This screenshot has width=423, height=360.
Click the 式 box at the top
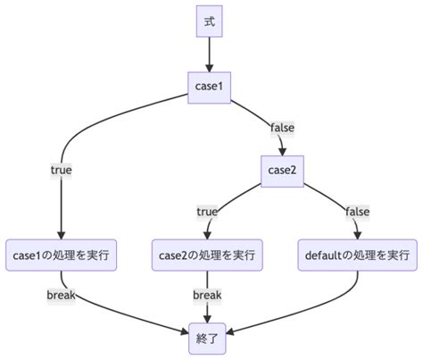click(x=210, y=22)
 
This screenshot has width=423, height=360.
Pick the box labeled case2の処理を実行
click(x=208, y=255)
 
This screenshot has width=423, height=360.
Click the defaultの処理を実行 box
click(x=358, y=255)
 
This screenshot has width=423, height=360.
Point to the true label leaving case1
click(x=61, y=169)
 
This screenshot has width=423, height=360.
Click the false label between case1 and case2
click(x=281, y=128)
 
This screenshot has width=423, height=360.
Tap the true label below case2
click(x=207, y=212)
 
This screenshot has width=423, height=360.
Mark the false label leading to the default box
click(x=356, y=212)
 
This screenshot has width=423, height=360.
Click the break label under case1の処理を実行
click(x=61, y=295)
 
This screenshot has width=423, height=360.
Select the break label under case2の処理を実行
click(x=207, y=295)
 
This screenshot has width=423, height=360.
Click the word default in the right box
click(x=323, y=255)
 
